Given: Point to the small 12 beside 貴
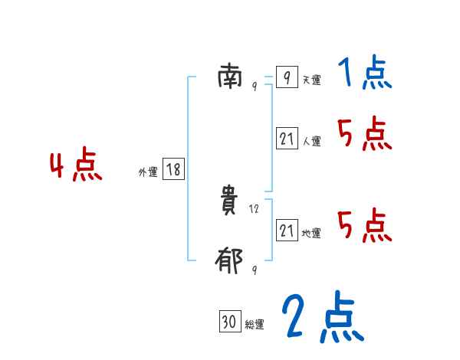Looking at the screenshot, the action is coord(255,208).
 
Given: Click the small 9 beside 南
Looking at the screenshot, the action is coord(255,87).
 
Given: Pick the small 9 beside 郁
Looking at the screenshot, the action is coord(255,270).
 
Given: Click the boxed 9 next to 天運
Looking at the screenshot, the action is coord(287,78).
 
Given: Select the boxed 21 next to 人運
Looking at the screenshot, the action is coord(287,139).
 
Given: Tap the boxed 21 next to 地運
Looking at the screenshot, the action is coord(287,231).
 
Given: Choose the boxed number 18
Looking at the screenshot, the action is coord(173,170).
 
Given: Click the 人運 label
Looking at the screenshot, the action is coord(311,141).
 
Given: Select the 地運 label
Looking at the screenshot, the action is coord(311,233).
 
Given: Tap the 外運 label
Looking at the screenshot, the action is coord(148,172).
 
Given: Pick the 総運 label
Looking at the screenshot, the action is coord(255,325).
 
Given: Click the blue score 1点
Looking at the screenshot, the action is coord(363,74).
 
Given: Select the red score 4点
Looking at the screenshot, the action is coord(76,167).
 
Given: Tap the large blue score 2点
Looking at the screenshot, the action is coord(322,318).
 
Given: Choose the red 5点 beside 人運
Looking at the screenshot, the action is coord(364,135).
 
